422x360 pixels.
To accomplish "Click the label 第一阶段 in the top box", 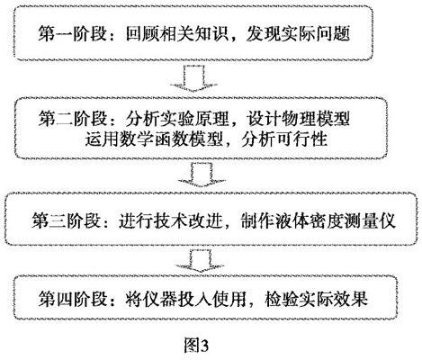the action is coord(73,33).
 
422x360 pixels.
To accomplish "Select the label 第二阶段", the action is coord(73,119).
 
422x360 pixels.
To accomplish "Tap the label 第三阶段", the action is coord(66,221).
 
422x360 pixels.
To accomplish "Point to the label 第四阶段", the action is coord(73,298).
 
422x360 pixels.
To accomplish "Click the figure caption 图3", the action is coord(196,346).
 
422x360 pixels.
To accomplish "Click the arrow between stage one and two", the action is coord(193,78).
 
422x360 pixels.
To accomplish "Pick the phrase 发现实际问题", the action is coord(298,33).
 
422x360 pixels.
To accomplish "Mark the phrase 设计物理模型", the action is coord(298,119).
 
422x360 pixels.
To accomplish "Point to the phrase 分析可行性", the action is coord(284,139).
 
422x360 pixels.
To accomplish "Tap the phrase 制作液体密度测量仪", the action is coord(319,221).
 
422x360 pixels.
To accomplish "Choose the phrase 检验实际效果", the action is coord(316,298).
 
